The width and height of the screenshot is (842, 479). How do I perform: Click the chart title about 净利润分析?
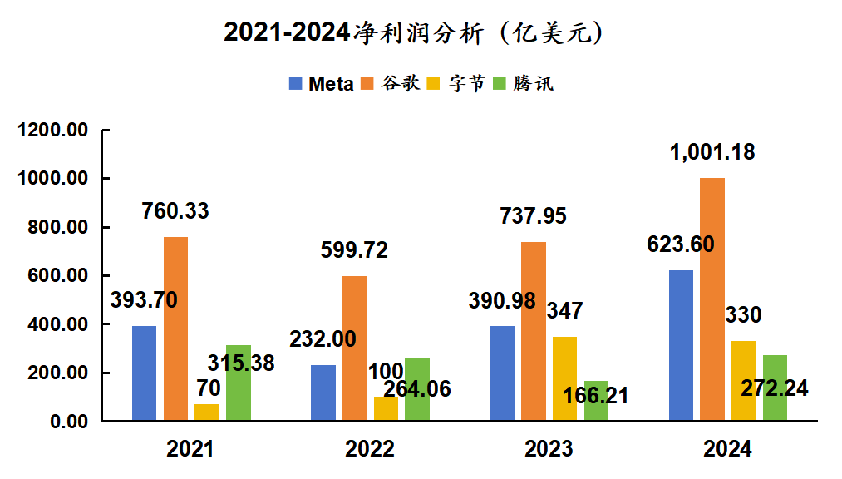coord(413,33)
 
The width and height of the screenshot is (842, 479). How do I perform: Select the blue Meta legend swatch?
coord(296,83)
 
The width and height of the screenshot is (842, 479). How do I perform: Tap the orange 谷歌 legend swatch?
coord(367,83)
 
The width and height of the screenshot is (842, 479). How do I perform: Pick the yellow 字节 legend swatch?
coord(433,83)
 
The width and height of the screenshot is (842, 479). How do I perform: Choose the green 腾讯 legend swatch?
coord(500,83)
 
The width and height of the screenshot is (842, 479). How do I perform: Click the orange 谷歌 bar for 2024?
coord(712,299)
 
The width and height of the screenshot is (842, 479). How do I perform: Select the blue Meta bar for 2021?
coord(145,373)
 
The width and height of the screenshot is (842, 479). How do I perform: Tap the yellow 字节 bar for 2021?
coord(207,412)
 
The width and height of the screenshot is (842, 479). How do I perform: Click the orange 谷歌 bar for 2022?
coord(355,348)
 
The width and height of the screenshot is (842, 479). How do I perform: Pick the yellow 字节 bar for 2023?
coord(564,378)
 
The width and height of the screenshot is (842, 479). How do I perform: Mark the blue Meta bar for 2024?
coord(681,345)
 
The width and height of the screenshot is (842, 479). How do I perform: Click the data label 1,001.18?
coord(714,153)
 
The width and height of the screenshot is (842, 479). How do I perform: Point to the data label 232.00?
coord(323,339)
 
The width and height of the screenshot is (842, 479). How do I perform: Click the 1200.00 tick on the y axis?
coord(52,131)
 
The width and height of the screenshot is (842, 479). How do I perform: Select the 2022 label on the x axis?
coord(370,450)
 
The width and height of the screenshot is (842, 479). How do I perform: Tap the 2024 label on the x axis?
coord(727,450)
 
